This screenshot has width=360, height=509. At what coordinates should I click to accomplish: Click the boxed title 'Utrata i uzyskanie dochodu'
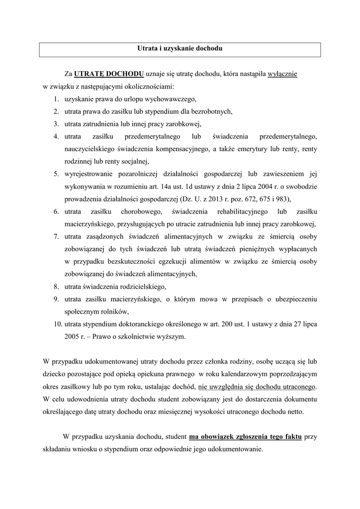pyautogui.click(x=180, y=49)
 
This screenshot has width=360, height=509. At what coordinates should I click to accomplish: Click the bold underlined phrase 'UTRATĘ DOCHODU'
pyautogui.click(x=109, y=75)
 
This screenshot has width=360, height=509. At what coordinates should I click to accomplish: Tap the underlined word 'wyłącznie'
pyautogui.click(x=282, y=75)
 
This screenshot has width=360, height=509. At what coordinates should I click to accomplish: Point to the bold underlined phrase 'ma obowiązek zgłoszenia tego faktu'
pyautogui.click(x=245, y=437)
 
